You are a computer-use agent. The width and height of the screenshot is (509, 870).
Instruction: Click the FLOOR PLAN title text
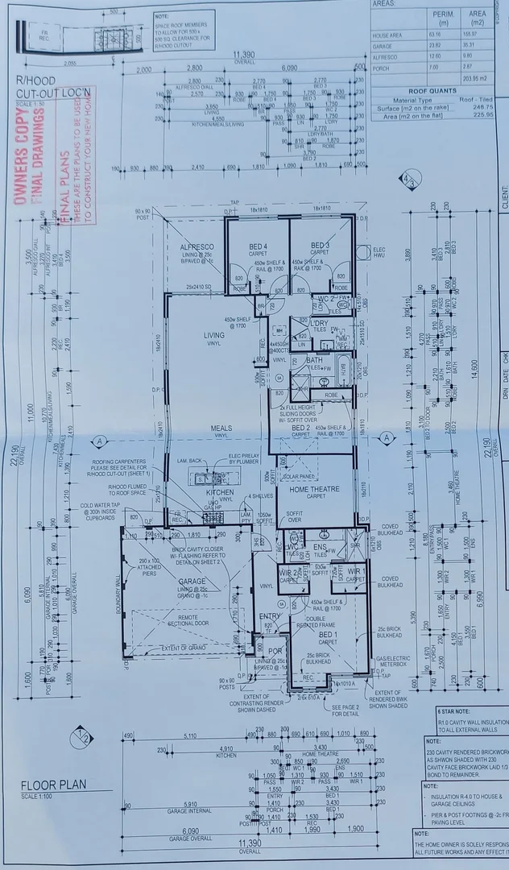(x=54, y=785)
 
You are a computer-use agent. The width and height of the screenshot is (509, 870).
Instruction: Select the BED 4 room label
(x=258, y=245)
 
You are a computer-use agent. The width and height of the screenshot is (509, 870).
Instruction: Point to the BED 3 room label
(x=320, y=244)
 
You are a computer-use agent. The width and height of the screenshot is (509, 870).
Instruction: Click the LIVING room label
(x=214, y=336)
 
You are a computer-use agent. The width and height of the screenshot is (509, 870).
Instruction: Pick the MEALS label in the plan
(x=221, y=429)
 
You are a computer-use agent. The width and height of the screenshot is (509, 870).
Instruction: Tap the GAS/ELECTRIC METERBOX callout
(x=394, y=661)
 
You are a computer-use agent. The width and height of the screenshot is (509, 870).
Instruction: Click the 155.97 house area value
(x=478, y=35)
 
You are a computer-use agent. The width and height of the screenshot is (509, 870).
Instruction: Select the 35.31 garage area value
(x=478, y=46)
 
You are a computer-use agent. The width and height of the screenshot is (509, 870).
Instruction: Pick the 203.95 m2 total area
(x=474, y=78)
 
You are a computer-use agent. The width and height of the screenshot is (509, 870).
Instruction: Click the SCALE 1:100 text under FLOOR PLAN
(x=37, y=797)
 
